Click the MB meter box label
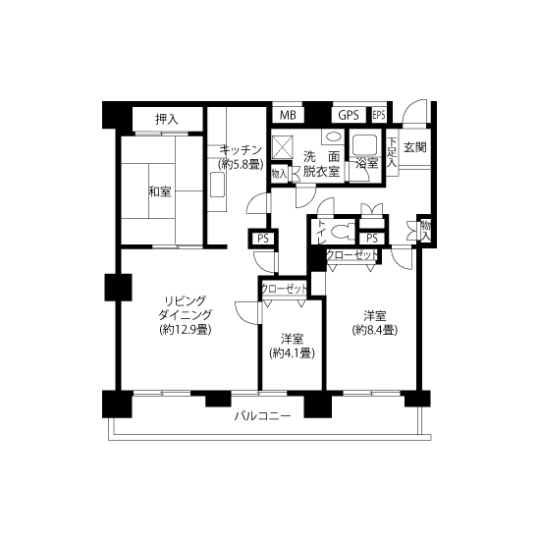pyautogui.click(x=288, y=115)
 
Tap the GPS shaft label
pyautogui.click(x=349, y=115)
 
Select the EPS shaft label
pyautogui.click(x=379, y=115)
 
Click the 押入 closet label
pyautogui.click(x=167, y=119)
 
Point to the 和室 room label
pyautogui.click(x=160, y=191)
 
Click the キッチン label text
pyautogui.click(x=241, y=150)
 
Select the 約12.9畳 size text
pyautogui.click(x=186, y=330)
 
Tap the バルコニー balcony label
pyautogui.click(x=263, y=416)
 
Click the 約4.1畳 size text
pyautogui.click(x=292, y=352)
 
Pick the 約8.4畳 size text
pyautogui.click(x=375, y=330)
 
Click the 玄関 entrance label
pyautogui.click(x=415, y=147)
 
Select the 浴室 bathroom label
pyautogui.click(x=367, y=163)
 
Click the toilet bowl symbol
pyautogui.click(x=342, y=230)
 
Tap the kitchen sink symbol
pyautogui.click(x=217, y=185)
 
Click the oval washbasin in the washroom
pyautogui.click(x=333, y=137)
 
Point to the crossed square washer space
pyautogui.click(x=283, y=147)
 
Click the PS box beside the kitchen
pyautogui.click(x=263, y=239)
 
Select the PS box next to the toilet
pyautogui.click(x=372, y=238)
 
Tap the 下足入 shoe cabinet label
pyautogui.click(x=392, y=152)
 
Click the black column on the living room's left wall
pyautogui.click(x=118, y=288)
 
